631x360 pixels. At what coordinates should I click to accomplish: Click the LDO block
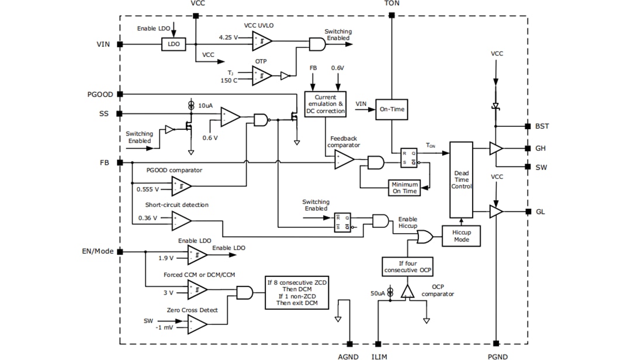tap(173, 44)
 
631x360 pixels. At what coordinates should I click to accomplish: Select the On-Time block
tap(391, 109)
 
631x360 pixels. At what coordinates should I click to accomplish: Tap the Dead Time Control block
tap(461, 179)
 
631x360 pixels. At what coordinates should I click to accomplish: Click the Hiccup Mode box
tap(462, 236)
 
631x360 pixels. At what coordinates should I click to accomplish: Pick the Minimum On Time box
tap(404, 188)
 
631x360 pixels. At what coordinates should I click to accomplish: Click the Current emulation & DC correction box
tap(325, 103)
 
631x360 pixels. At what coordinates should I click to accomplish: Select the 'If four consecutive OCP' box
tap(407, 266)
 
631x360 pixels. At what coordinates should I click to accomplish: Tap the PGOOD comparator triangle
tap(181, 186)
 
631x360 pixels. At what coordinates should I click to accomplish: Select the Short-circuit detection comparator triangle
tap(181, 220)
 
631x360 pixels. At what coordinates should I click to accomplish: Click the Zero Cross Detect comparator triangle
tap(196, 324)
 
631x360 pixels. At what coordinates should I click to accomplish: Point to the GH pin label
tap(540, 148)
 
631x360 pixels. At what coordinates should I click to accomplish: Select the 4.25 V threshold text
tap(228, 37)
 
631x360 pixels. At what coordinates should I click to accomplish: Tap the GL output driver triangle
tap(495, 211)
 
